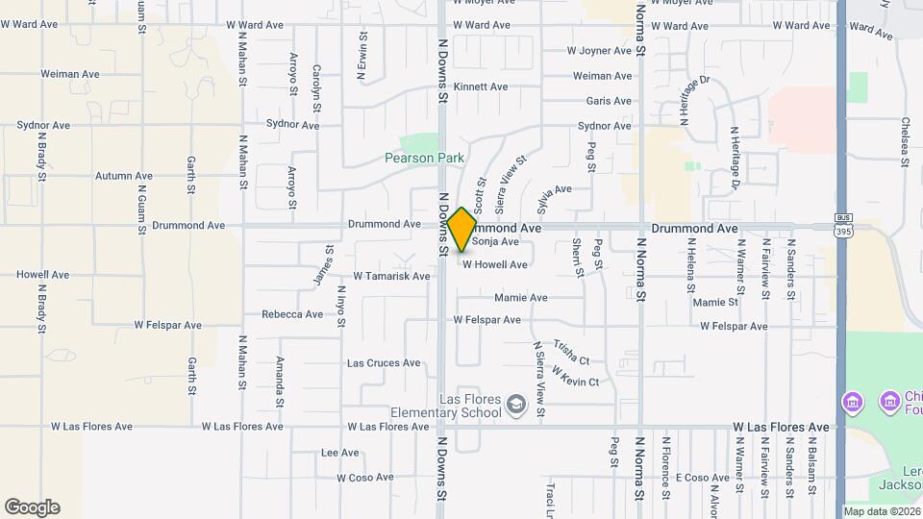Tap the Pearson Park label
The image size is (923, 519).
pyautogui.click(x=424, y=158)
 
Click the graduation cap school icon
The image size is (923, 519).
pyautogui.click(x=516, y=405)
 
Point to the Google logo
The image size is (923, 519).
pyautogui.click(x=32, y=507)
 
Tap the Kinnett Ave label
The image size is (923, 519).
pyautogui.click(x=481, y=86)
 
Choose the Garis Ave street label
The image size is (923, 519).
pyautogui.click(x=609, y=100)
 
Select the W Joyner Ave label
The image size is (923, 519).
pyautogui.click(x=599, y=50)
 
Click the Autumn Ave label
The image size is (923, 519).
pyautogui.click(x=124, y=176)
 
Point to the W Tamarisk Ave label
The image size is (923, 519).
pyautogui.click(x=391, y=276)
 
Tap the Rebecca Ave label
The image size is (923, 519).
pyautogui.click(x=292, y=314)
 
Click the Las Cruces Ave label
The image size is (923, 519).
pyautogui.click(x=384, y=363)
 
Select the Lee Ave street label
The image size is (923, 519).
pyautogui.click(x=340, y=453)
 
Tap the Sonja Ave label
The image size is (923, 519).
pyautogui.click(x=496, y=242)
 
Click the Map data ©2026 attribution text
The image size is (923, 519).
pyautogui.click(x=882, y=511)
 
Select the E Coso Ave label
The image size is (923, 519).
pyautogui.click(x=702, y=478)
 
